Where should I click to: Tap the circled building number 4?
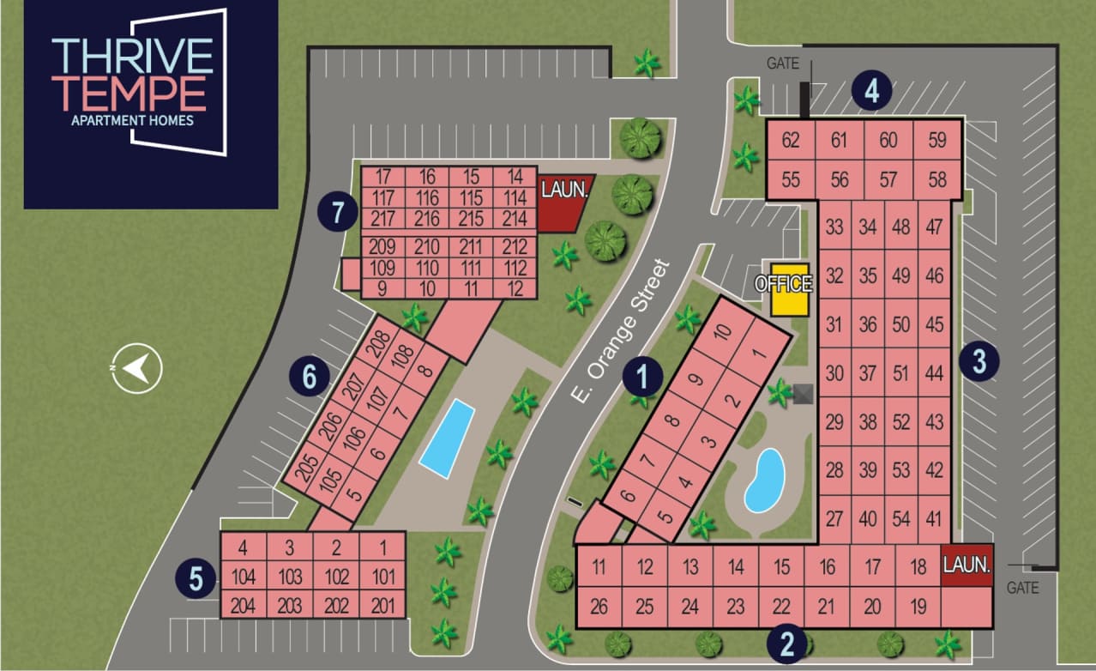tap(872, 91)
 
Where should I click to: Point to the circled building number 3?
tap(979, 361)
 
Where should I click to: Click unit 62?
tap(790, 139)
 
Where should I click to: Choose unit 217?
tap(382, 219)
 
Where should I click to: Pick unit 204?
tap(244, 605)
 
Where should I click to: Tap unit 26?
tap(599, 608)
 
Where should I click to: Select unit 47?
tap(934, 227)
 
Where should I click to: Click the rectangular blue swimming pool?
tap(447, 438)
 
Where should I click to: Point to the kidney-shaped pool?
tap(764, 480)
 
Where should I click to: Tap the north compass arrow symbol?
tap(136, 368)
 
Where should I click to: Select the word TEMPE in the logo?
tap(129, 93)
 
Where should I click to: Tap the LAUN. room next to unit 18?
tap(966, 565)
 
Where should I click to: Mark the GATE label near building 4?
tap(782, 63)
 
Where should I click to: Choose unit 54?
tap(900, 518)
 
